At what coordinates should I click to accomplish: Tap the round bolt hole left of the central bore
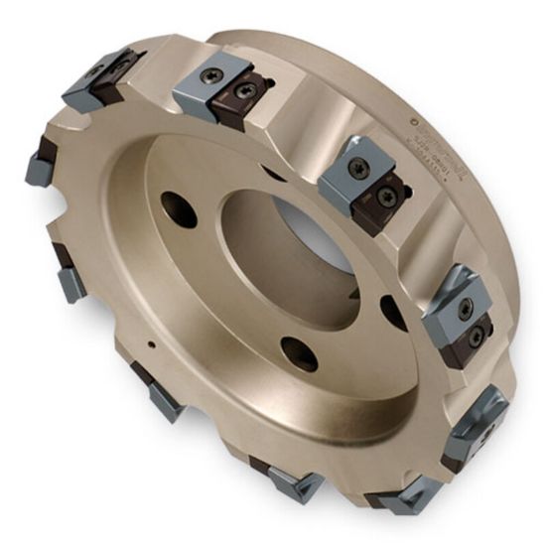(179, 209)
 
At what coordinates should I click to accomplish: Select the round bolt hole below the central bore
(298, 353)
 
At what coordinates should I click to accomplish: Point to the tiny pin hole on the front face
(150, 345)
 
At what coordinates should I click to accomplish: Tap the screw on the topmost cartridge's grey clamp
(211, 75)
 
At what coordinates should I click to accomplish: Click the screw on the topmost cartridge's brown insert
(243, 90)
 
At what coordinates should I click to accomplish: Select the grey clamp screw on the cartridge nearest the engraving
(358, 168)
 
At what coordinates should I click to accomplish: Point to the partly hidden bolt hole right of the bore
(393, 312)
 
